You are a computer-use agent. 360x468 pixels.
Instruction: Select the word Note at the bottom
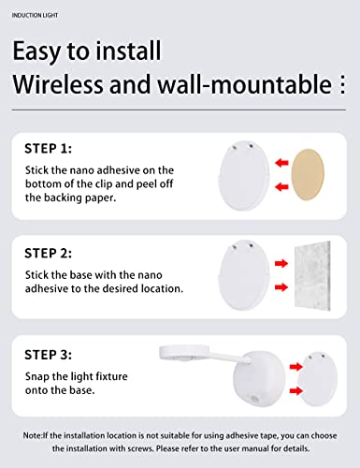(36, 435)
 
